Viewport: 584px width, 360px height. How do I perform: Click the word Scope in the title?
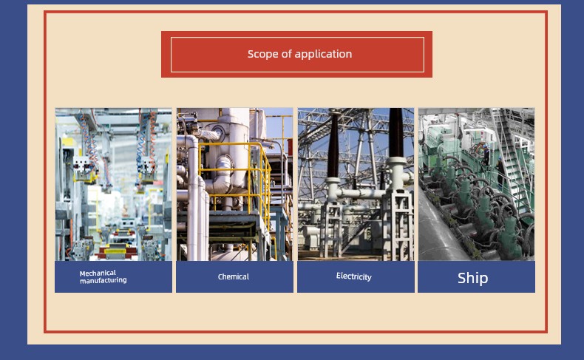(x=263, y=55)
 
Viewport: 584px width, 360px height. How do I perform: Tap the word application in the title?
(x=323, y=55)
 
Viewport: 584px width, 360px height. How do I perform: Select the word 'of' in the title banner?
(x=287, y=54)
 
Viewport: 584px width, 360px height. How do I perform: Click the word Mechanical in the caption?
(x=98, y=274)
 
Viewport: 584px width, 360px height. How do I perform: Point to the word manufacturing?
(x=103, y=280)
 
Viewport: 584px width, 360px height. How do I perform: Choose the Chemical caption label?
(x=234, y=276)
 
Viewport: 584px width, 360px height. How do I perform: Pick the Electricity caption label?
(x=354, y=276)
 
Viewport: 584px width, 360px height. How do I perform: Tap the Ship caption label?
(x=472, y=278)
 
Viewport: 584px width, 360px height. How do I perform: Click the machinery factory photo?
(x=114, y=184)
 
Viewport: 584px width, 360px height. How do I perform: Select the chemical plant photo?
(x=234, y=184)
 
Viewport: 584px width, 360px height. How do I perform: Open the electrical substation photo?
(x=356, y=184)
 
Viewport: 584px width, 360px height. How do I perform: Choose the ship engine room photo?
(x=476, y=184)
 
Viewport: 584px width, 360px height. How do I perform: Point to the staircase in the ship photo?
(x=513, y=164)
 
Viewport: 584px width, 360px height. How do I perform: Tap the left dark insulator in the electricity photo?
(x=333, y=145)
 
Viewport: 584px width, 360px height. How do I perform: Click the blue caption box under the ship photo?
(x=476, y=277)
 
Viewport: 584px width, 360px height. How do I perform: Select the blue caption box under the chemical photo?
(x=234, y=277)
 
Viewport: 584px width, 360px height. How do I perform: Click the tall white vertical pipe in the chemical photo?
(x=193, y=197)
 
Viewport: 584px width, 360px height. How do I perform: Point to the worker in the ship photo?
(x=485, y=154)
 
